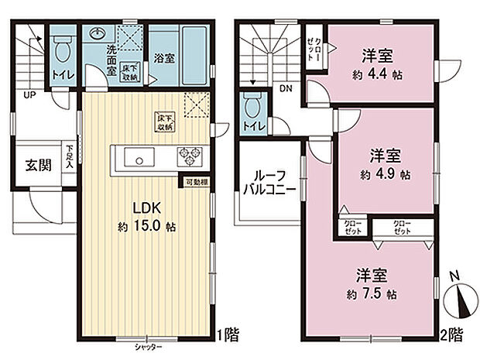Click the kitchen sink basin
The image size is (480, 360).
[x=140, y=160]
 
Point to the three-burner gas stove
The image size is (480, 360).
[x=188, y=156]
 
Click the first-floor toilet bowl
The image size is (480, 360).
[x=61, y=50]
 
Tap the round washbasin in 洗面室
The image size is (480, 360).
[x=97, y=34]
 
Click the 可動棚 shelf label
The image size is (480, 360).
[x=194, y=182]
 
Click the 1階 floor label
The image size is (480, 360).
[x=228, y=335]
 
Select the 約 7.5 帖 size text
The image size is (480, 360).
[x=374, y=294]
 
